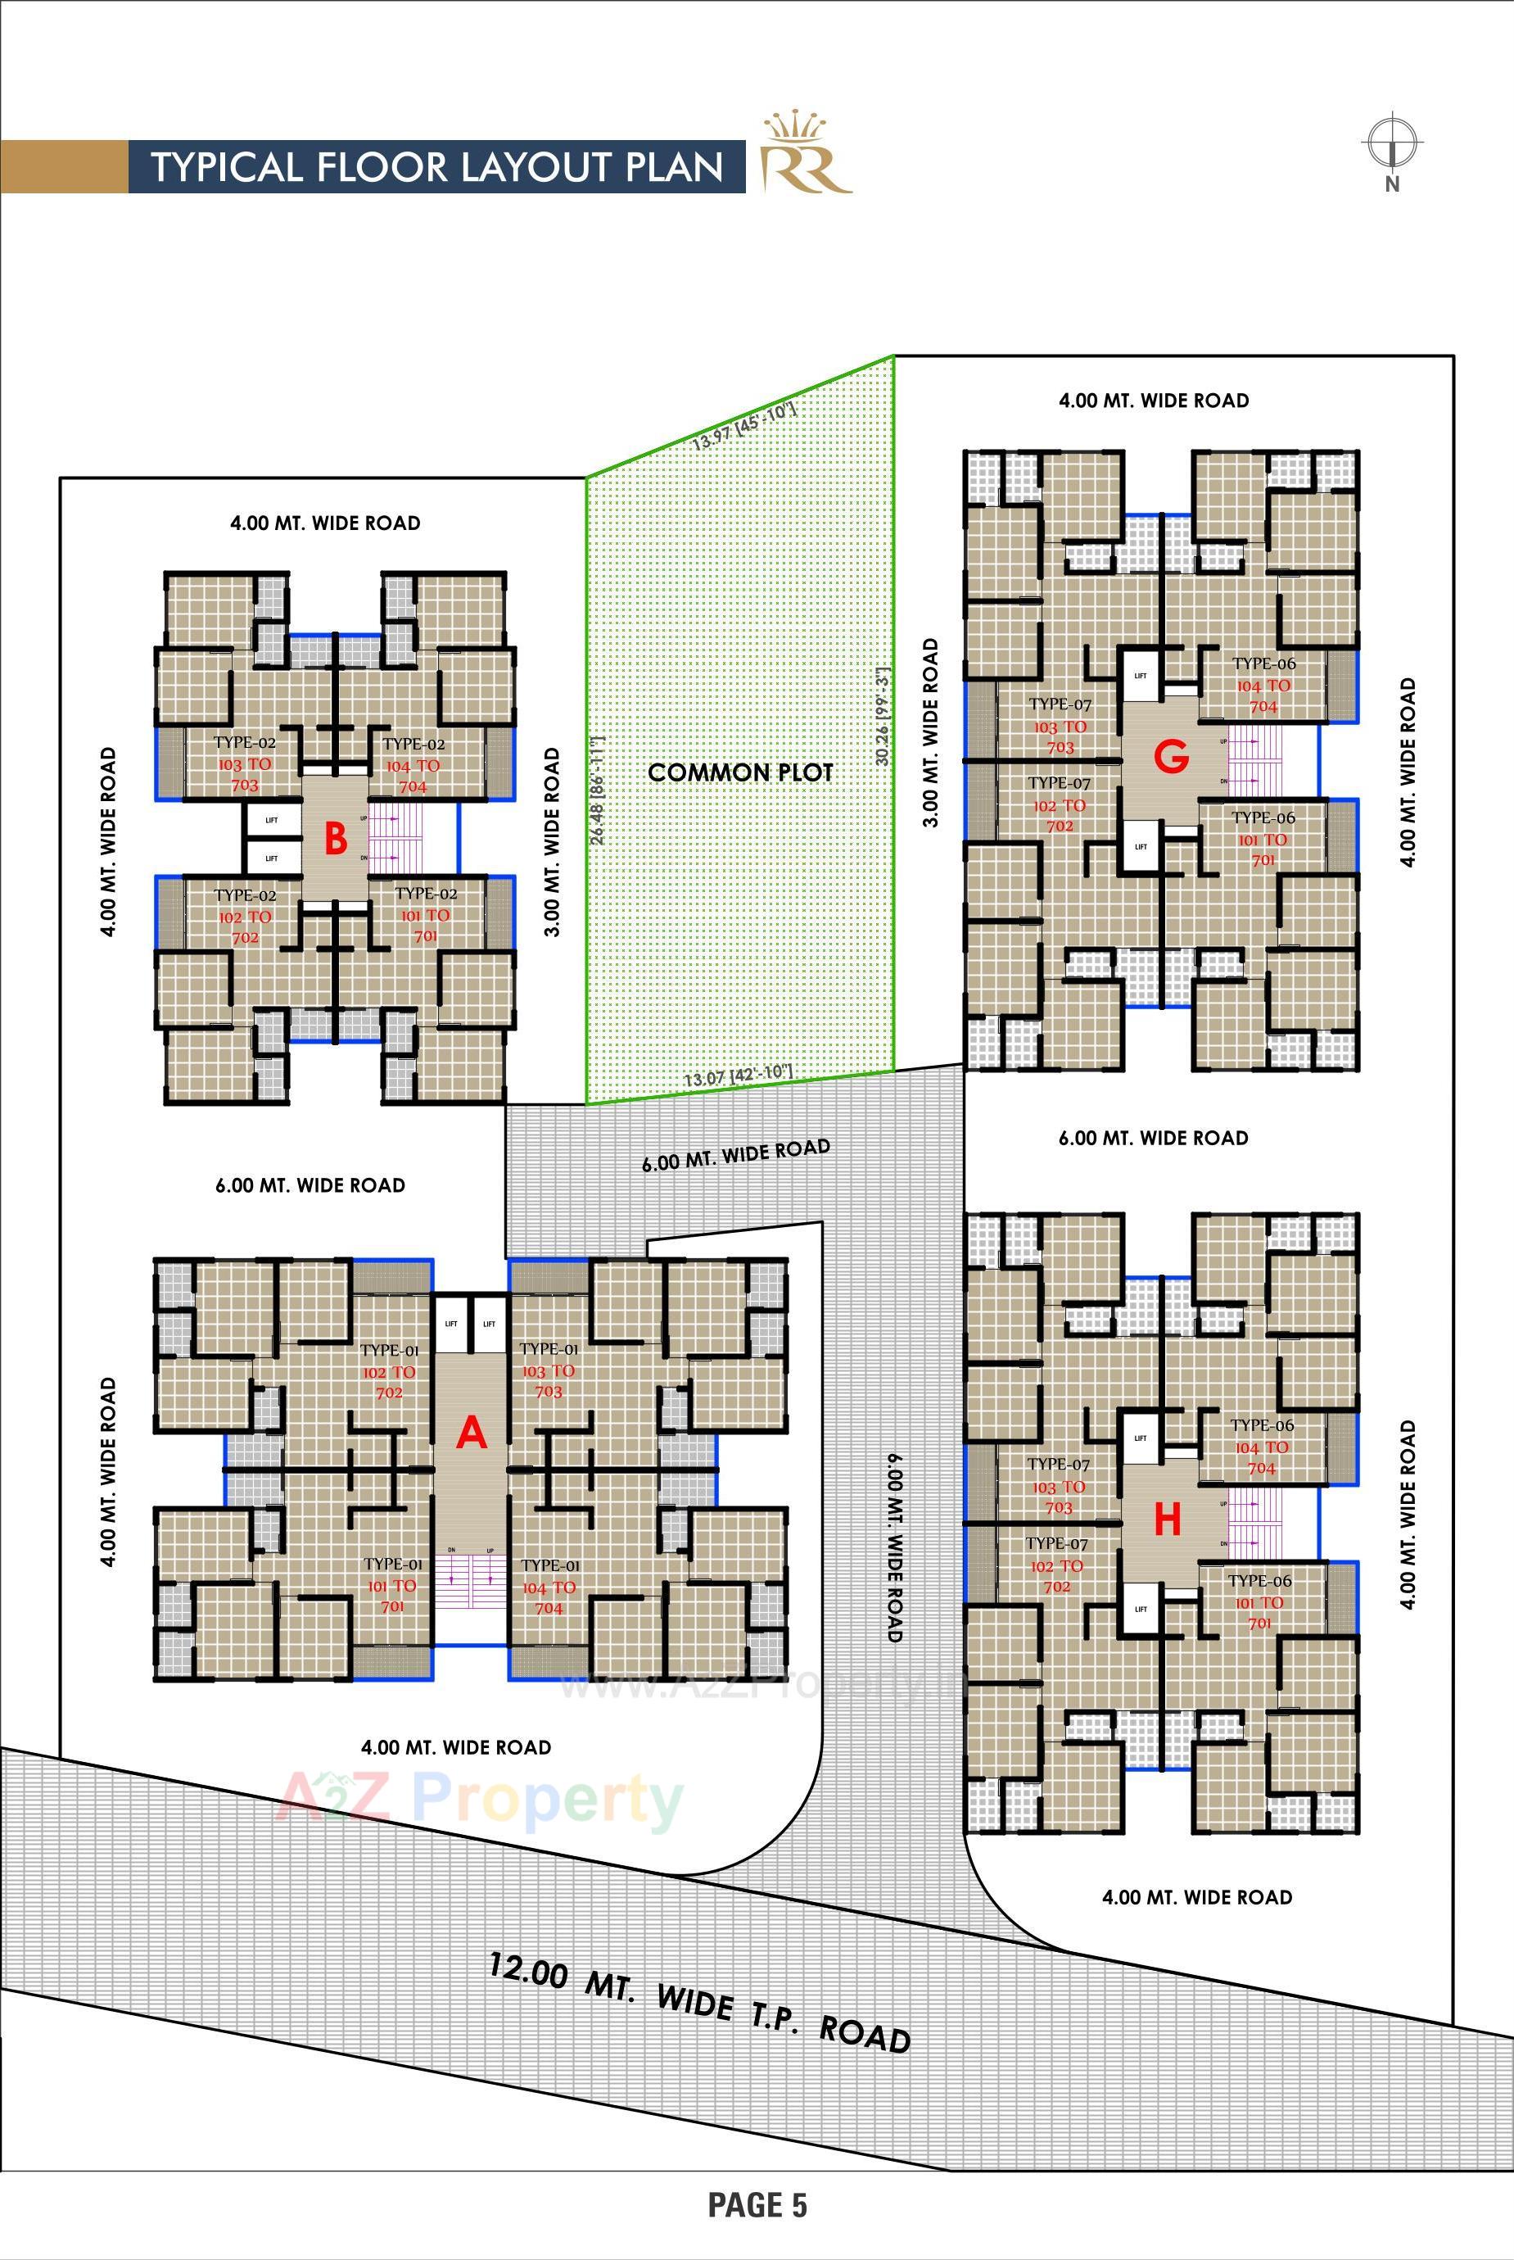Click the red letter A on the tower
click(471, 1433)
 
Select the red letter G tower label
click(1171, 759)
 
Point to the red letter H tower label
click(1168, 1520)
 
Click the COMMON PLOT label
click(739, 772)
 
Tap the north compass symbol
click(1391, 146)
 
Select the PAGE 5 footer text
click(757, 2204)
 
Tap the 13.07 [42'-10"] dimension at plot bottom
click(738, 1074)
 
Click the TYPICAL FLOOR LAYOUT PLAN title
click(437, 167)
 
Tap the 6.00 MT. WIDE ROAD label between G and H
click(1153, 1138)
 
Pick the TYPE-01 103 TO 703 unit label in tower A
click(549, 1370)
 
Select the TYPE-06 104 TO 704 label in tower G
click(1263, 685)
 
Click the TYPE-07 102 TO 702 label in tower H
click(1056, 1565)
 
